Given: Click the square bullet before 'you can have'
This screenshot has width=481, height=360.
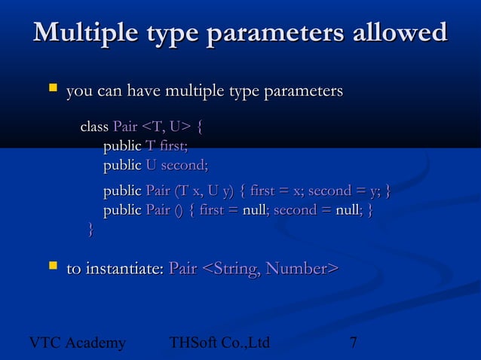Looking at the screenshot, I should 53,90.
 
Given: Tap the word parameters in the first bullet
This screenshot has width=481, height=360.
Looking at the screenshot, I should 301,92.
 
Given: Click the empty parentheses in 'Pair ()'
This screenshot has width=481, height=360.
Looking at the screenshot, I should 178,210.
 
